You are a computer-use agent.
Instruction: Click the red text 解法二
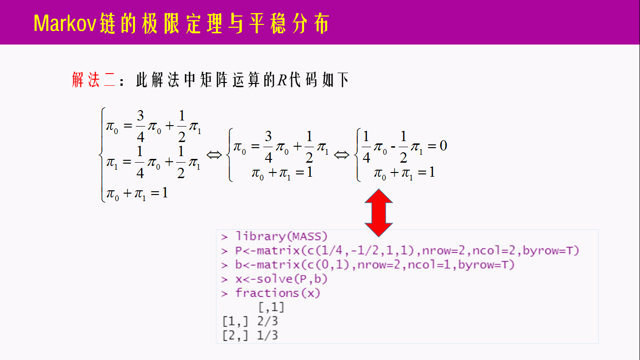93,80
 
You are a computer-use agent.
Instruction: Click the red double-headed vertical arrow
379,212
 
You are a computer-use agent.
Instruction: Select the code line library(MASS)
281,237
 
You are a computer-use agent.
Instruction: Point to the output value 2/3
268,322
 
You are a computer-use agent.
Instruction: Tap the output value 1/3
268,336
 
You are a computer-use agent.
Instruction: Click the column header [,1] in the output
271,308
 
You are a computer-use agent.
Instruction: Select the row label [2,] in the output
235,336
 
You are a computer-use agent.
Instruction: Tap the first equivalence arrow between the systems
214,155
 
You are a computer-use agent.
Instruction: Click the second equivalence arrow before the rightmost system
342,155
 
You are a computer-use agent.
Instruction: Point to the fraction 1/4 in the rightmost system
366,147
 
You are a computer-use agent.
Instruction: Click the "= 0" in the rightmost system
436,146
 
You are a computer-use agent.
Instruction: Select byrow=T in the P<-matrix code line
551,251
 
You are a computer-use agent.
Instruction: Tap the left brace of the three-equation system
102,155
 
